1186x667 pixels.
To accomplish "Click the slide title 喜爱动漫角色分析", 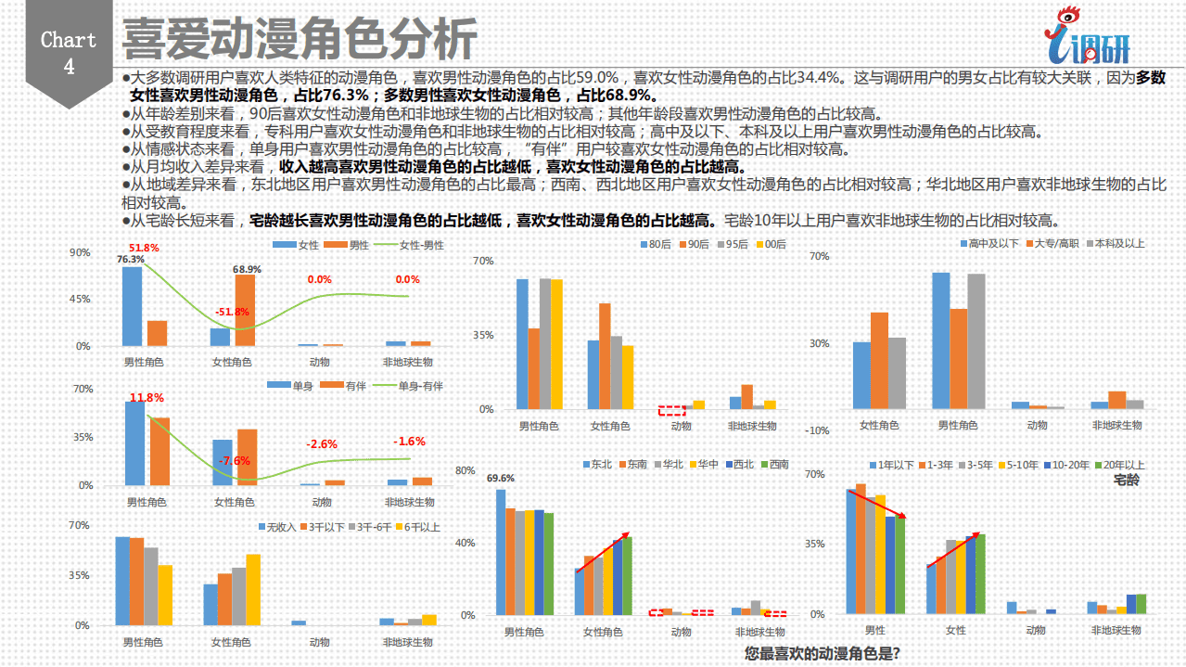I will (300, 39).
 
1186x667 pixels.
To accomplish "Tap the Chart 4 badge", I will (69, 53).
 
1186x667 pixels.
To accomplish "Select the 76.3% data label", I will (131, 260).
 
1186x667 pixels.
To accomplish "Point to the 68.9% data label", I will (248, 269).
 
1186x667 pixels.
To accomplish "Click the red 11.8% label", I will (147, 398).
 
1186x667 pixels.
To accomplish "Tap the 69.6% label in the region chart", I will (501, 479).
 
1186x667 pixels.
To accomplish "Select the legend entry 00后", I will (773, 245).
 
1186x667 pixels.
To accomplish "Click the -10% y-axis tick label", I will (816, 430).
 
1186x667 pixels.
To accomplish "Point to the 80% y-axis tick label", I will (464, 470).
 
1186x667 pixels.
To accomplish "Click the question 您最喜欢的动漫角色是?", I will (822, 653).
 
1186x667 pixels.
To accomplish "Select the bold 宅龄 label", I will (1126, 481).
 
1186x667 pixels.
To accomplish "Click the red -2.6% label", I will (322, 444).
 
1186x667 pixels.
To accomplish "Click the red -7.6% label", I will (234, 461).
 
